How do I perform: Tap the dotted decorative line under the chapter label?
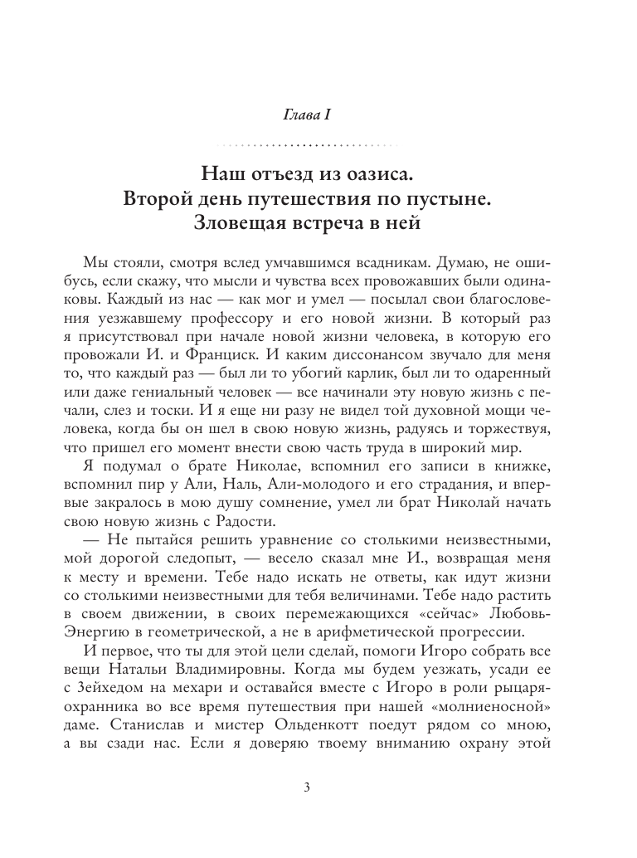(x=318, y=144)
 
